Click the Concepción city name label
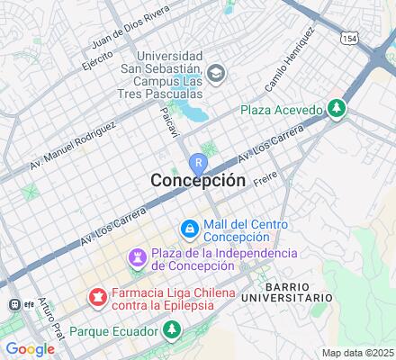pyautogui.click(x=197, y=180)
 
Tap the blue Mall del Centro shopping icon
pyautogui.click(x=189, y=230)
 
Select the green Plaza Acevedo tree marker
pyautogui.click(x=337, y=109)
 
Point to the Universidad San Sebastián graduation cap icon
pyautogui.click(x=215, y=72)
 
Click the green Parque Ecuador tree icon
pyautogui.click(x=172, y=330)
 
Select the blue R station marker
pyautogui.click(x=198, y=163)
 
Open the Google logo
pyautogui.click(x=29, y=348)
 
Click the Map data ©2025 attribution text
pyautogui.click(x=358, y=353)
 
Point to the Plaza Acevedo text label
pyautogui.click(x=281, y=110)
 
